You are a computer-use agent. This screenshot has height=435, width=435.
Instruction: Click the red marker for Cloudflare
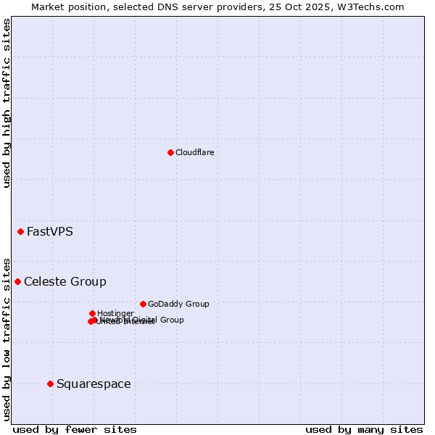[x=170, y=152]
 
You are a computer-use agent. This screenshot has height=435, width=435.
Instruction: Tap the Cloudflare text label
[x=194, y=152]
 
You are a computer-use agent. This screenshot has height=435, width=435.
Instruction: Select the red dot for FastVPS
[x=20, y=232]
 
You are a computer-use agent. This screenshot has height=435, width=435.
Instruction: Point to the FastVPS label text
[x=49, y=232]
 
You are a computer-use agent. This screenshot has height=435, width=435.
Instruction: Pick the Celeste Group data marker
[x=17, y=281]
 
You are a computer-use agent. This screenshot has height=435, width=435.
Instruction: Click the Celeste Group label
[x=65, y=281]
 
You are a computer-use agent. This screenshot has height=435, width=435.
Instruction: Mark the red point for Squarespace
[x=50, y=384]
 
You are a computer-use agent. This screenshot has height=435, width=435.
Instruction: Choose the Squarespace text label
[x=94, y=384]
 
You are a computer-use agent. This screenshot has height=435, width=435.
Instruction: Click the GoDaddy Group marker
[x=143, y=304]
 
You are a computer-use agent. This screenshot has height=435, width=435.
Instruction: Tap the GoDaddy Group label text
[x=178, y=304]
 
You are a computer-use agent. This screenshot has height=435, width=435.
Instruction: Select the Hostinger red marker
[x=92, y=313]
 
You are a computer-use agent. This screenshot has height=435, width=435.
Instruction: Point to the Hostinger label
[x=115, y=313]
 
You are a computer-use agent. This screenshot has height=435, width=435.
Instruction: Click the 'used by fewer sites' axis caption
[x=75, y=429]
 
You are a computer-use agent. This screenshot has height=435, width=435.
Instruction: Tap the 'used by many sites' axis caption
[x=364, y=429]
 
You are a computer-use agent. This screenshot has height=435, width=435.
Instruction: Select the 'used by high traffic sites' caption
[x=7, y=103]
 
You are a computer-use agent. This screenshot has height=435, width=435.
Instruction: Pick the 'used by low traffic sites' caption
[x=7, y=339]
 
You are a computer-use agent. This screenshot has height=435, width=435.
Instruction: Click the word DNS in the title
[x=163, y=7]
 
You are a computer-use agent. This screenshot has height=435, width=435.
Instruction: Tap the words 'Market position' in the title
[x=64, y=7]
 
